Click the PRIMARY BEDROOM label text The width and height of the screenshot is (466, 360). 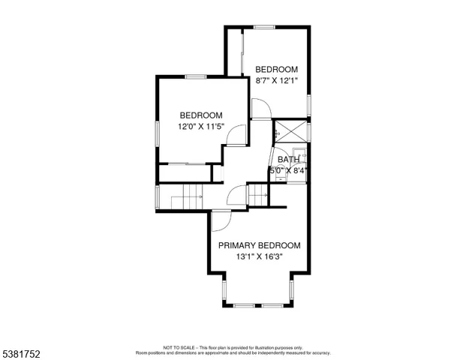pyautogui.click(x=259, y=245)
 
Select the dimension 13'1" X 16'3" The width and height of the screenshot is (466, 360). pyautogui.click(x=259, y=256)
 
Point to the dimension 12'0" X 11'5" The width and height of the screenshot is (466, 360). pyautogui.click(x=200, y=126)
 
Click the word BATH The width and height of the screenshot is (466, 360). pyautogui.click(x=288, y=159)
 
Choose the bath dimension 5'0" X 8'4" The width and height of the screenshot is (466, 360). pyautogui.click(x=290, y=170)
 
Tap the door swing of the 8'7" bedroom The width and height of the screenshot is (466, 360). pyautogui.click(x=260, y=111)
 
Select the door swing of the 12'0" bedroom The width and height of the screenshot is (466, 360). pyautogui.click(x=236, y=136)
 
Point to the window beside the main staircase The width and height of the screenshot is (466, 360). pyautogui.click(x=157, y=196)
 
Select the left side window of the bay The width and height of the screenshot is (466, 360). pyautogui.click(x=223, y=288)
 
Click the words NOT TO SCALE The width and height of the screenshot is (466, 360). pyautogui.click(x=179, y=347)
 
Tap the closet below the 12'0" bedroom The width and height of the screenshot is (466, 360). pyautogui.click(x=184, y=172)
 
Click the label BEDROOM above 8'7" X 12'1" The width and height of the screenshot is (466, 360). pyautogui.click(x=276, y=69)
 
